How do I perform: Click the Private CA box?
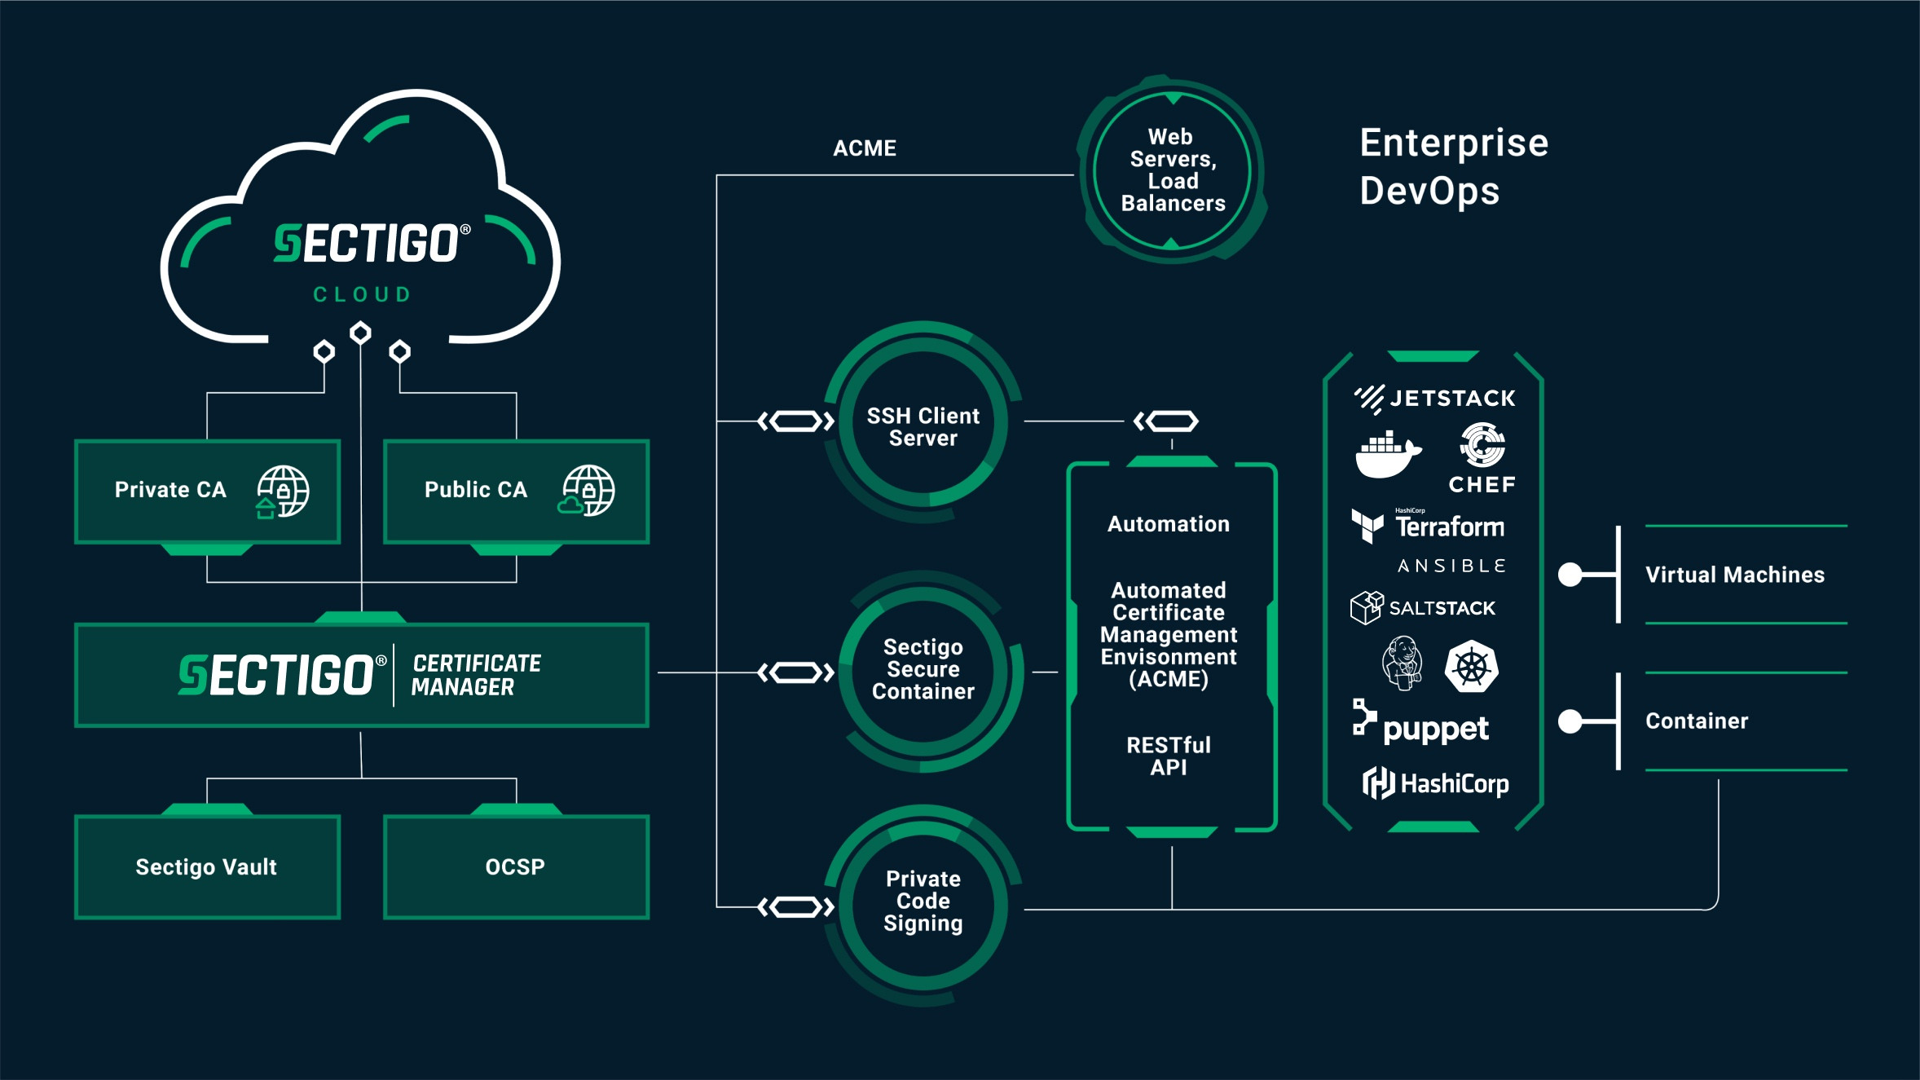[x=207, y=492]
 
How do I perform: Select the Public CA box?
[x=516, y=492]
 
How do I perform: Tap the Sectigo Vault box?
[x=207, y=866]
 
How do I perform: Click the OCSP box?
[x=516, y=866]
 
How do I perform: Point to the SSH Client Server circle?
[x=923, y=426]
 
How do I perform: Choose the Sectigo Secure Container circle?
[x=923, y=669]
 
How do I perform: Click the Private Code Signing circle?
[x=923, y=901]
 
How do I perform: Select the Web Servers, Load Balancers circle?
[x=1172, y=170]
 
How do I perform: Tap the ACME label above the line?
[x=865, y=148]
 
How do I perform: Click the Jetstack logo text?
[x=1451, y=399]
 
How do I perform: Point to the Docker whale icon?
[x=1387, y=455]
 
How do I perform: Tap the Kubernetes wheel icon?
[x=1471, y=667]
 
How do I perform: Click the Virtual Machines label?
[x=1734, y=575]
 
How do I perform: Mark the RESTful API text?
[x=1169, y=756]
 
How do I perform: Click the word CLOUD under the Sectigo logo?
[x=363, y=294]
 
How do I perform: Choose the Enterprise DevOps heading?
[x=1454, y=166]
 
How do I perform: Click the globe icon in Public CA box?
[x=589, y=490]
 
